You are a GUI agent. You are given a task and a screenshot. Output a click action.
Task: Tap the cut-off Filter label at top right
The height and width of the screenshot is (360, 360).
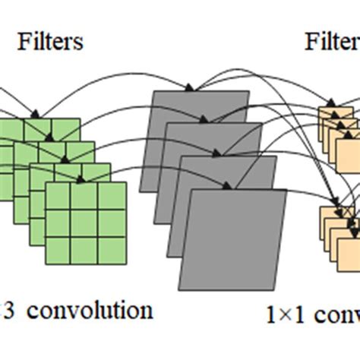pos(332,40)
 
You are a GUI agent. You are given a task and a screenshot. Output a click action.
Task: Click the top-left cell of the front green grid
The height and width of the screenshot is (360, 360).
pos(58,196)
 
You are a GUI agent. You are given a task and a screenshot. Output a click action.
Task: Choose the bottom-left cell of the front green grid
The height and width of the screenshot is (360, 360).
pos(58,247)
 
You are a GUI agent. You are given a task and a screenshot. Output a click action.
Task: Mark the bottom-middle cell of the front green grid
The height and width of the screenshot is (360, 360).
pos(84,247)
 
